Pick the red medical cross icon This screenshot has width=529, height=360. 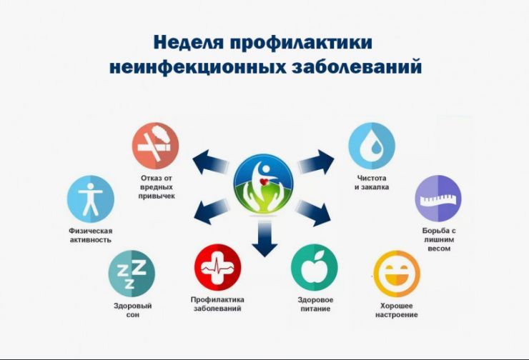(217, 266)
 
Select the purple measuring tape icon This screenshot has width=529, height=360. (438, 199)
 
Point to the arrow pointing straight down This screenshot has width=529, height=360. (264, 239)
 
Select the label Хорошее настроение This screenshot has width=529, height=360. (398, 310)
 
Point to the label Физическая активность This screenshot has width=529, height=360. (91, 235)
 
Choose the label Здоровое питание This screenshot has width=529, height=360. (315, 304)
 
